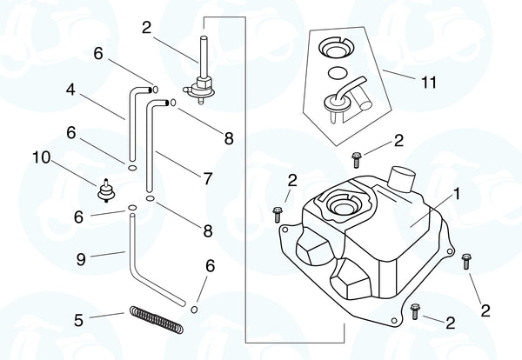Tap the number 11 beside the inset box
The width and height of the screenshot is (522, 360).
tap(427, 83)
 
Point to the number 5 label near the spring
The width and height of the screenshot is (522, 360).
tap(78, 320)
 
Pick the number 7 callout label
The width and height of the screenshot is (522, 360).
tap(208, 178)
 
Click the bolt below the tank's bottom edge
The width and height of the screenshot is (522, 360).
tap(416, 310)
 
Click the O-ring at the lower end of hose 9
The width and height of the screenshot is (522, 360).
tap(197, 308)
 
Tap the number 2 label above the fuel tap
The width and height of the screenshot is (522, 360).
tap(147, 27)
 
